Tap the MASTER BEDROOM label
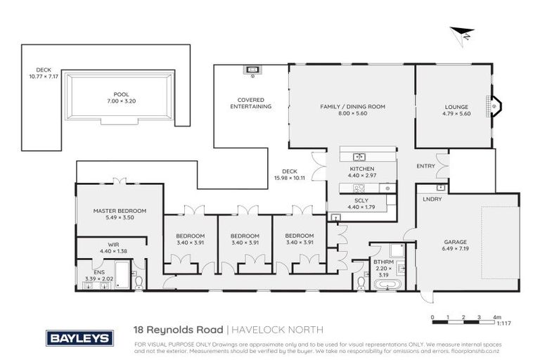(x=120, y=211)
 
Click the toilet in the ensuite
(x=139, y=282)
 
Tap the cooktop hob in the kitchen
(x=357, y=188)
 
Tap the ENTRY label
(x=426, y=166)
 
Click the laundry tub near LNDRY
(x=440, y=188)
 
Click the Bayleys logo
(x=79, y=338)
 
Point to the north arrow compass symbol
(x=461, y=34)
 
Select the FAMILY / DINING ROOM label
(x=352, y=107)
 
